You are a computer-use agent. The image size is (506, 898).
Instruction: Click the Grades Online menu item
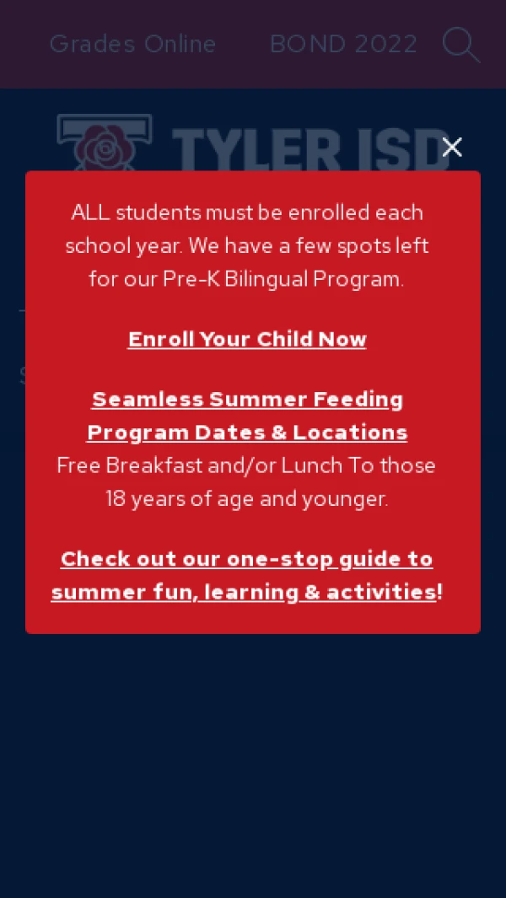(132, 44)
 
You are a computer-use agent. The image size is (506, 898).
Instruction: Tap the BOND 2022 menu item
(343, 44)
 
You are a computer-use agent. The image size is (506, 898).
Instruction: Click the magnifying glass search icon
(461, 45)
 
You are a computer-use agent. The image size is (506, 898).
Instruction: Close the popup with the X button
(452, 148)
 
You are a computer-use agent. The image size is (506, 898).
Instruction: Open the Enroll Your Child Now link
(247, 339)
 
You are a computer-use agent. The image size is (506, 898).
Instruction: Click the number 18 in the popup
(116, 499)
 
